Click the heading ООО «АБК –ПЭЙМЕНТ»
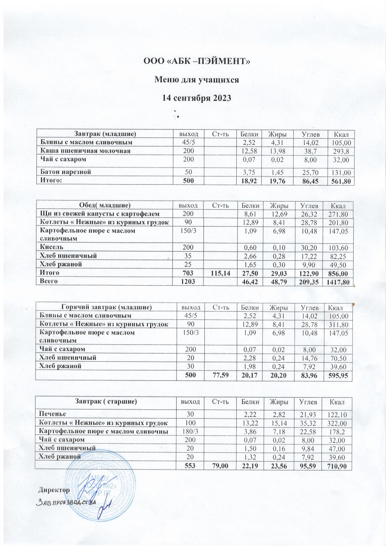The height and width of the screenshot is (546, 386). pyautogui.click(x=197, y=61)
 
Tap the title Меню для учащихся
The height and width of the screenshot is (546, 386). pyautogui.click(x=197, y=80)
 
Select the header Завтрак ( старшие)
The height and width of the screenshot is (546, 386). pyautogui.click(x=106, y=402)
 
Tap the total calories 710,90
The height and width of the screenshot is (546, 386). pyautogui.click(x=337, y=465)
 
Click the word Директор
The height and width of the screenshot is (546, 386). pyautogui.click(x=54, y=490)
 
